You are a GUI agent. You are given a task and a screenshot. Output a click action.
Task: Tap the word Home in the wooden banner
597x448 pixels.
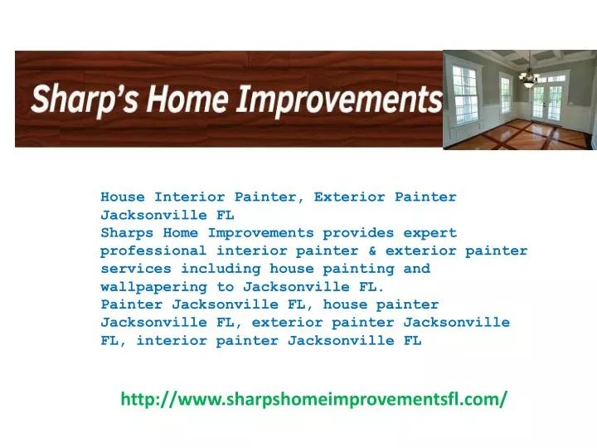190,100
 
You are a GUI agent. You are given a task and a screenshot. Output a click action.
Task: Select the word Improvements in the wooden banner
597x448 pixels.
340,100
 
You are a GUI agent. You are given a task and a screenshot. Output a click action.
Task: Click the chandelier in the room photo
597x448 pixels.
527,76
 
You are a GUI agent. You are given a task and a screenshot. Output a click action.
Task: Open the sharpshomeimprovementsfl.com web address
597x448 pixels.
314,399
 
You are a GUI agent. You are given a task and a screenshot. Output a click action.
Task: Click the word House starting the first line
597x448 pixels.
124,197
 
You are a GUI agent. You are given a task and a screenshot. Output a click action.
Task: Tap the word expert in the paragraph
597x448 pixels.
430,233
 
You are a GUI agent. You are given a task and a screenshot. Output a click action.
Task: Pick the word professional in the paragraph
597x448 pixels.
154,251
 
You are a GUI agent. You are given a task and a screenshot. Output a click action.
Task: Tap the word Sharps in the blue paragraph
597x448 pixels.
128,233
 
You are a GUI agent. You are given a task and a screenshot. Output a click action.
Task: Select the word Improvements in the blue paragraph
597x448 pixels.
261,233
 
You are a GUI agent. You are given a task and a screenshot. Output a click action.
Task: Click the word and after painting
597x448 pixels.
417,269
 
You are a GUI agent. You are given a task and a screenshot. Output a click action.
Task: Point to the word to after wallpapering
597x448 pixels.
226,287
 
